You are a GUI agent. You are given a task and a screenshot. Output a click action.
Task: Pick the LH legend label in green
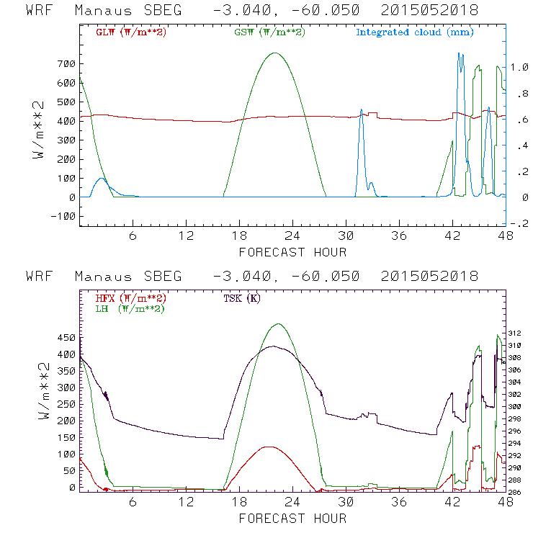coord(130,308)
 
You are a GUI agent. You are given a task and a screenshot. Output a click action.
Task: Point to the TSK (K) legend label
coord(245,298)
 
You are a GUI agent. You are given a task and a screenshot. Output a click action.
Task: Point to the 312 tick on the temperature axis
coord(519,333)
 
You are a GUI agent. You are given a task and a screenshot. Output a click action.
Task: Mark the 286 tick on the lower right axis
coord(519,493)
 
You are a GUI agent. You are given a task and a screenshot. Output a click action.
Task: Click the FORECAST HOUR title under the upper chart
coord(292,252)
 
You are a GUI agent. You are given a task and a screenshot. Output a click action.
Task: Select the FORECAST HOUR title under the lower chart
coord(292,518)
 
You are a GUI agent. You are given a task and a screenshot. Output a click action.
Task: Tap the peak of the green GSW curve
coord(274,53)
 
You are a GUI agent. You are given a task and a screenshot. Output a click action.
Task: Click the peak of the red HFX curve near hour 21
coord(268,447)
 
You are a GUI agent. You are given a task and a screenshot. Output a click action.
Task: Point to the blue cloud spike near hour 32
coord(361,110)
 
